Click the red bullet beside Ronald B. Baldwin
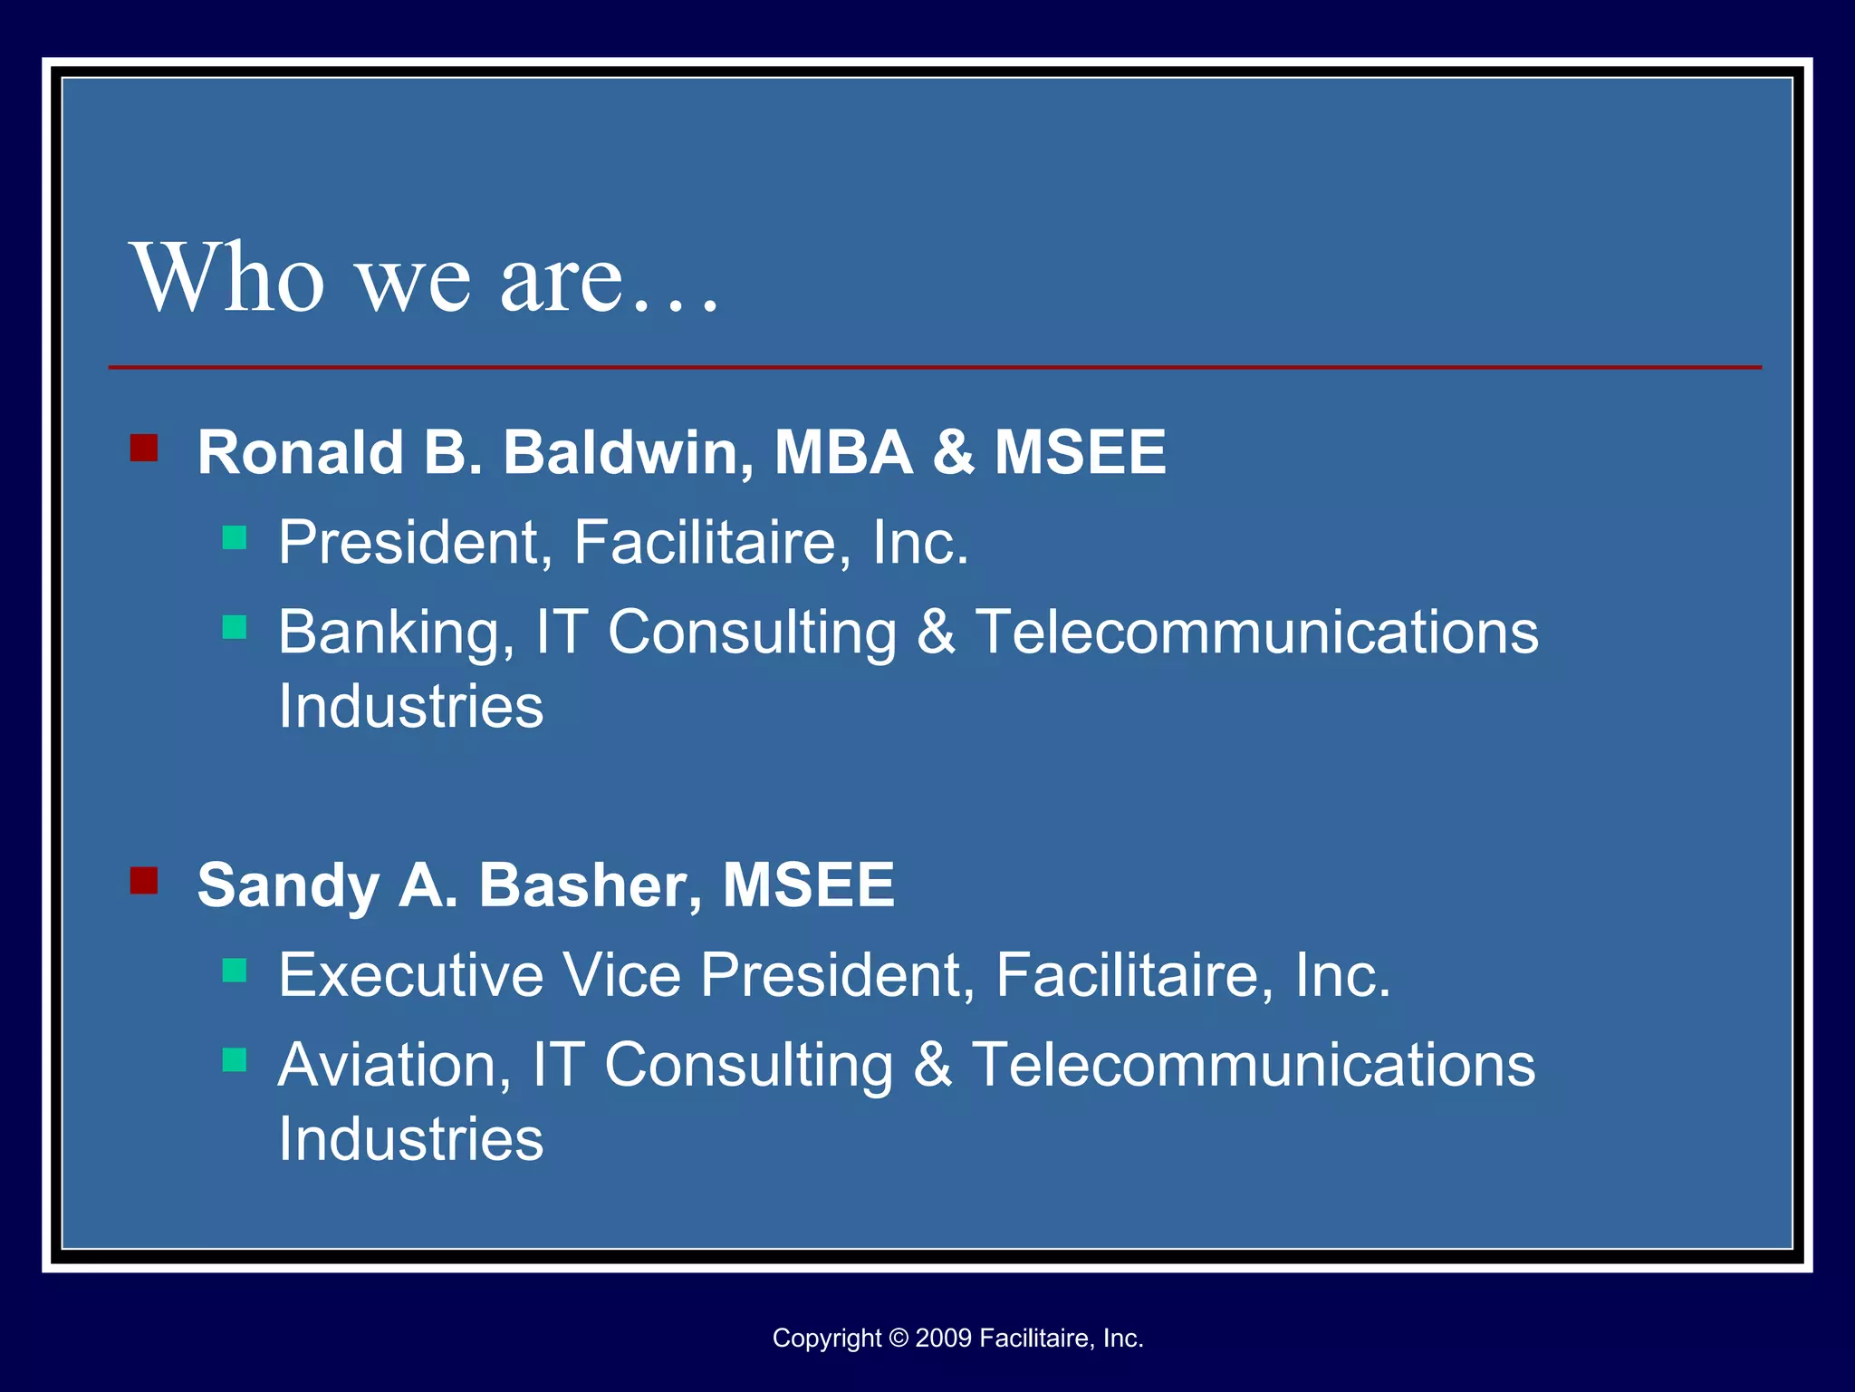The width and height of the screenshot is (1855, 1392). [144, 448]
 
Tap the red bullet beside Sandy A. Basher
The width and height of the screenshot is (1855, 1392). [144, 880]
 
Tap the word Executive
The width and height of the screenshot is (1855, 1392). [411, 975]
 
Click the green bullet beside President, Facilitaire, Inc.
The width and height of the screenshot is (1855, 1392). [235, 538]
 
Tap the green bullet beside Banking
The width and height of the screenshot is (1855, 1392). [235, 627]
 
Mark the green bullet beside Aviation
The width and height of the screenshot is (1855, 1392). [235, 1059]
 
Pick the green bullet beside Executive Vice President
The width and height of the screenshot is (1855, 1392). [235, 971]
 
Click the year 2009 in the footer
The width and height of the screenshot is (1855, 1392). [943, 1338]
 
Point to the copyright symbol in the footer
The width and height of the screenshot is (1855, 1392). [898, 1338]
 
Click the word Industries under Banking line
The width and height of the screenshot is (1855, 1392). [410, 706]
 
